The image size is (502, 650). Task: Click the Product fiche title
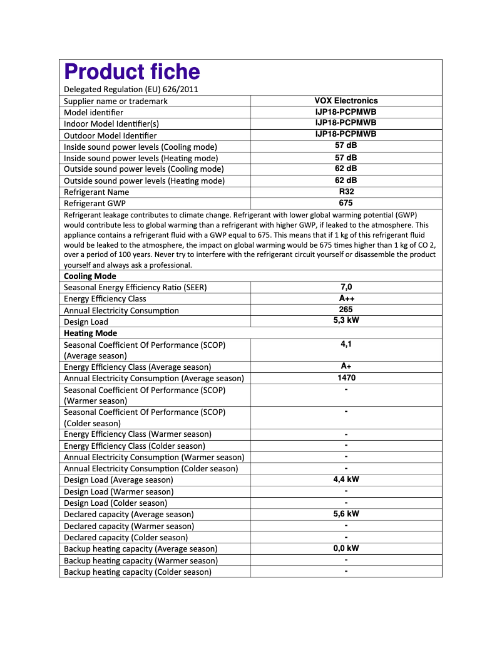point(132,72)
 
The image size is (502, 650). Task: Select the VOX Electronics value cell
point(346,100)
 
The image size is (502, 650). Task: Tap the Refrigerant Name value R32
point(346,192)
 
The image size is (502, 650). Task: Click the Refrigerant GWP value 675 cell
point(346,203)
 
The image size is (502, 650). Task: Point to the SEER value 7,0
point(346,287)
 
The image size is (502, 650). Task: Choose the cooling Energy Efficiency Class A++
point(346,298)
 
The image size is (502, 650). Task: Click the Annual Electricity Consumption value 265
point(346,310)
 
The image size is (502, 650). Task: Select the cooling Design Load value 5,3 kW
point(346,320)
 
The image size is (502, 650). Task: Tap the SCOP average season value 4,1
point(346,344)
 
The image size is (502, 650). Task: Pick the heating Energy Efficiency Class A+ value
point(346,366)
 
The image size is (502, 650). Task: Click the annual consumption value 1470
point(346,378)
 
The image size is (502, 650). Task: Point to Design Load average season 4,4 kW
point(346,480)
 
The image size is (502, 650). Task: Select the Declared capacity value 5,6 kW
point(346,514)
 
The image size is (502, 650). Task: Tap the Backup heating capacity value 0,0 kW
point(346,548)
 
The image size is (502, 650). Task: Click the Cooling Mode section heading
point(90,276)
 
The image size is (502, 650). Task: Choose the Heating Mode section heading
point(90,333)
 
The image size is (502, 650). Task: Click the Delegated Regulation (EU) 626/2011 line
point(131,90)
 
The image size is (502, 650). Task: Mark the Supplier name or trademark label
point(116,101)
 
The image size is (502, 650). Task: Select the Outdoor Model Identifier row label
point(110,135)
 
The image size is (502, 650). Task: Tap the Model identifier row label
point(93,112)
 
